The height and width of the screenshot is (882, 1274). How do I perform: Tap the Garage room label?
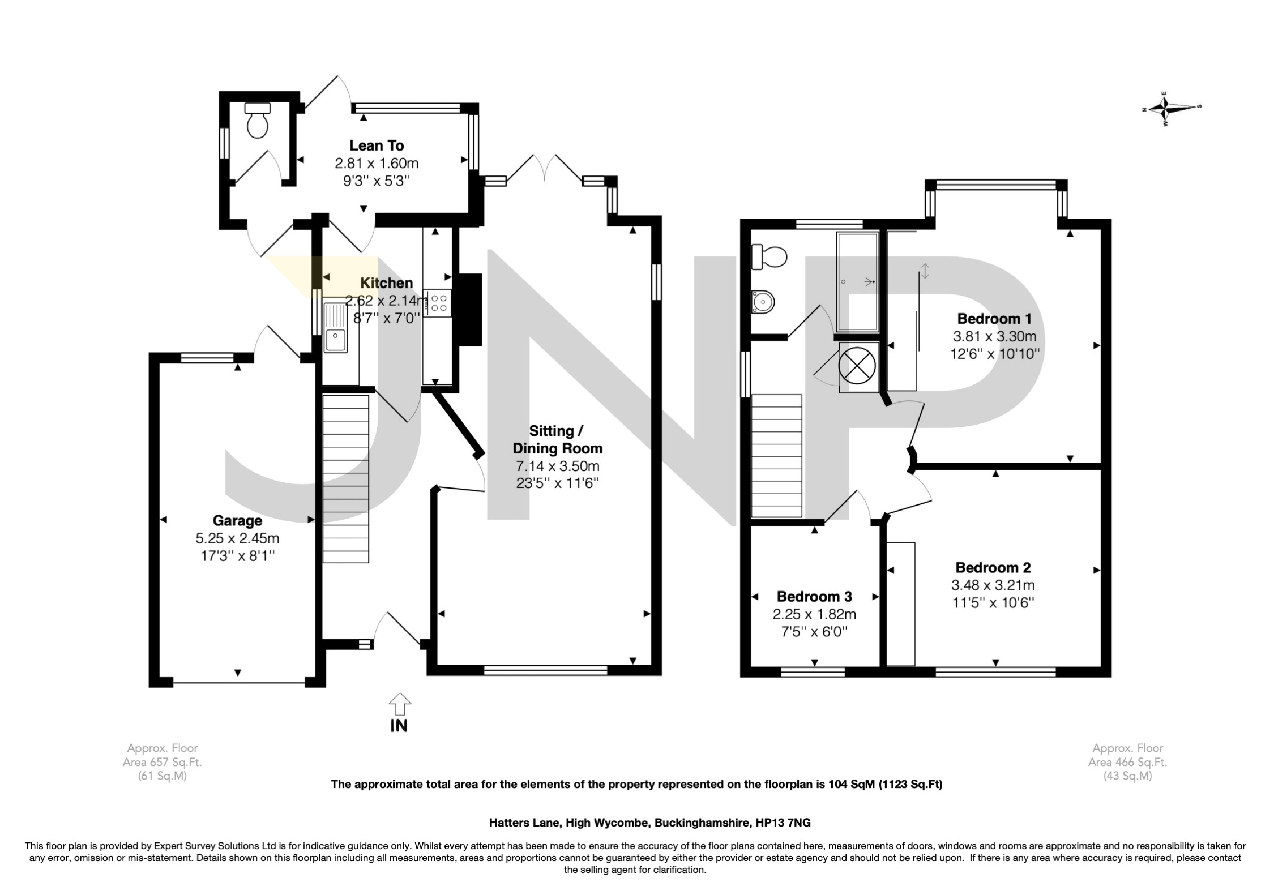[237, 520]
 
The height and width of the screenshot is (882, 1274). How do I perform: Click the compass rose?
[1170, 108]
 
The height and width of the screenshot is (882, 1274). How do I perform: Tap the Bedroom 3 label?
[814, 596]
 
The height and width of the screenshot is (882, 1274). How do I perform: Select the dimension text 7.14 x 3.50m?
[557, 466]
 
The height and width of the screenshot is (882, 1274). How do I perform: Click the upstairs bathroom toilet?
[769, 258]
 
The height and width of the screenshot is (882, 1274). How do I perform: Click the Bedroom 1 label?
[994, 318]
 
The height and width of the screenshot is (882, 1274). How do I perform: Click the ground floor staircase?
[345, 478]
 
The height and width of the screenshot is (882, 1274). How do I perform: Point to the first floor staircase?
[777, 456]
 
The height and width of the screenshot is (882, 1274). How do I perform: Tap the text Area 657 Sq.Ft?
[163, 762]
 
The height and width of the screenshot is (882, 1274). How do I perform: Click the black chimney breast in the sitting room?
[469, 310]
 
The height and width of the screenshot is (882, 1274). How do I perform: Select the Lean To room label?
[377, 145]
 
